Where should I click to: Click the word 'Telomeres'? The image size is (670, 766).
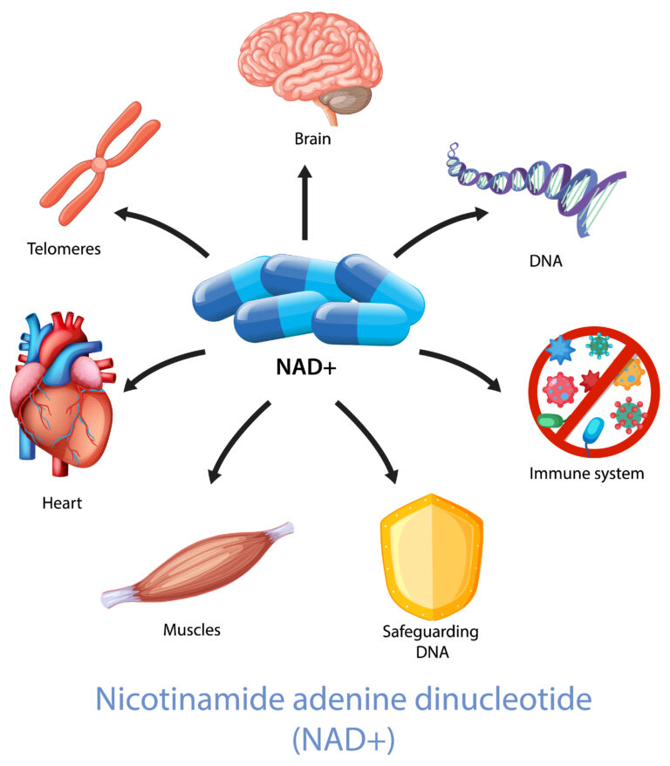64,249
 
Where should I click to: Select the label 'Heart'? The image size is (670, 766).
61,503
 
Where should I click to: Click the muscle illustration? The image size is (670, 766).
196,567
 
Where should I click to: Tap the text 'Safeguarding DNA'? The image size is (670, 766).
430,640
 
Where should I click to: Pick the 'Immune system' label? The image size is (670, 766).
586,475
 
